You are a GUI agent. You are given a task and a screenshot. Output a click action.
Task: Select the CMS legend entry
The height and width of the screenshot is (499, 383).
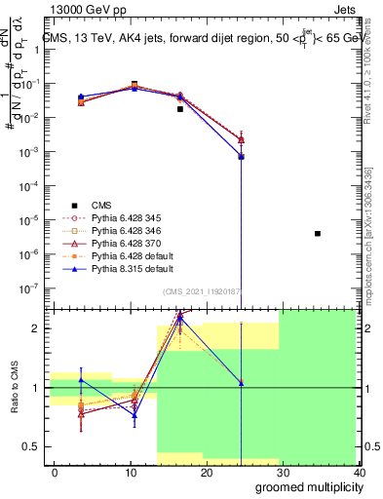[101, 205]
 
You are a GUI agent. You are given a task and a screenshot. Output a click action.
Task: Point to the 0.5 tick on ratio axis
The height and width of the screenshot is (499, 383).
[31, 447]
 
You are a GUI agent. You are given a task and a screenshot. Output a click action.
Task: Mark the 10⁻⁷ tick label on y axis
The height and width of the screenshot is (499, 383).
[29, 288]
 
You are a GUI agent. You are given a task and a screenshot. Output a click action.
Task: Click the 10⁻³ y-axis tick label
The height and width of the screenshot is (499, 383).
[29, 151]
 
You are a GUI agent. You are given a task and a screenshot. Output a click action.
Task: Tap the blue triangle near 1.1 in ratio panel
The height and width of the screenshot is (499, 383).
[81, 379]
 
